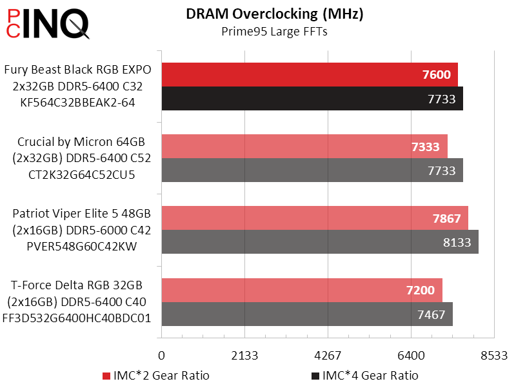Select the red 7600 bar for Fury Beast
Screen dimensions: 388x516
pos(310,75)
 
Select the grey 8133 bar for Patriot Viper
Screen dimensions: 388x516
pos(320,242)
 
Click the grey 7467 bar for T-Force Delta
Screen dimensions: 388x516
pos(307,314)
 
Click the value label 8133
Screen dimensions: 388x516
pos(457,243)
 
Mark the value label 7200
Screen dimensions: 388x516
pos(421,291)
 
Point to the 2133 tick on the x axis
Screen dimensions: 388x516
pos(245,355)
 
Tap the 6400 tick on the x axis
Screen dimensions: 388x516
pos(412,355)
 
